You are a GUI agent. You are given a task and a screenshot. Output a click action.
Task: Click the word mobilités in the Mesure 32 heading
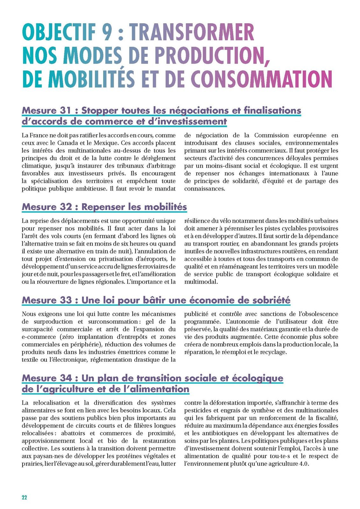[166, 207]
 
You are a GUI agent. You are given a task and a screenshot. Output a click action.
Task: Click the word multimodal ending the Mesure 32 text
[201, 282]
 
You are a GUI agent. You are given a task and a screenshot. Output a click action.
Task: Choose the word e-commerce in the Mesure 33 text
[39, 337]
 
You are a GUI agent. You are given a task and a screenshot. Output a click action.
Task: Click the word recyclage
[274, 352]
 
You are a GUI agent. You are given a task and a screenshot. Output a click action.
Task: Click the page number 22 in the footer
[25, 498]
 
